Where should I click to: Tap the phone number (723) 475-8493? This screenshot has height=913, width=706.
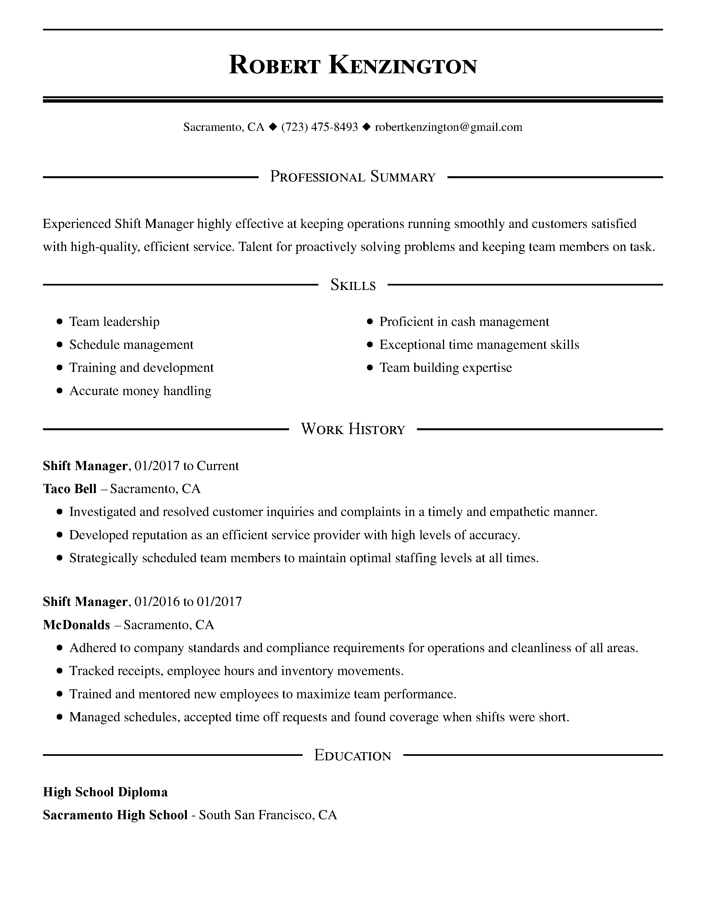(319, 127)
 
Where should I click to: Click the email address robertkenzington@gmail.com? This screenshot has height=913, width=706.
(448, 127)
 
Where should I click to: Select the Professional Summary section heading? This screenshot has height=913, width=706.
(352, 177)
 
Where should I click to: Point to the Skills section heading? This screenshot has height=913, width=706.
(353, 285)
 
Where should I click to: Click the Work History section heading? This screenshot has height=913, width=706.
(353, 429)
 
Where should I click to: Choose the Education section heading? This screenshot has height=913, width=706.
(352, 755)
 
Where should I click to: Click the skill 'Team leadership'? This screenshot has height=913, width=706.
(114, 322)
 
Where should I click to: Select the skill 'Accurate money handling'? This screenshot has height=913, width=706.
(140, 391)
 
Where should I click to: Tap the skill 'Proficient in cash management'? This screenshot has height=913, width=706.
(464, 322)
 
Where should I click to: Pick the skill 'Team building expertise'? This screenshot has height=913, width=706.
(445, 368)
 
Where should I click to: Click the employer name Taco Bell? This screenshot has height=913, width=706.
(70, 489)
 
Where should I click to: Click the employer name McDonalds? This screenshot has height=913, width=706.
(76, 625)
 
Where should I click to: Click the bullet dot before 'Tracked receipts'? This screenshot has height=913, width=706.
(60, 671)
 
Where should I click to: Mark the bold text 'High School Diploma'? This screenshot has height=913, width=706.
(105, 792)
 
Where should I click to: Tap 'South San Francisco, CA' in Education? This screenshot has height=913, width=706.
(268, 815)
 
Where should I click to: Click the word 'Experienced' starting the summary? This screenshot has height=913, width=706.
(76, 224)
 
